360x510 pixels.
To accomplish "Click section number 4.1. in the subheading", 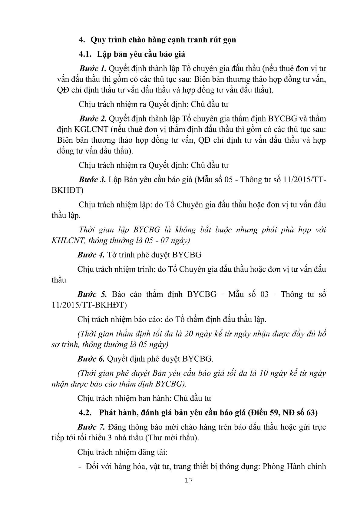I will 85,55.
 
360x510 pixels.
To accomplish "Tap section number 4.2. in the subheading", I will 85,412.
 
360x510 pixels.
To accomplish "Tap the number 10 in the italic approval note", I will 264,373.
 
